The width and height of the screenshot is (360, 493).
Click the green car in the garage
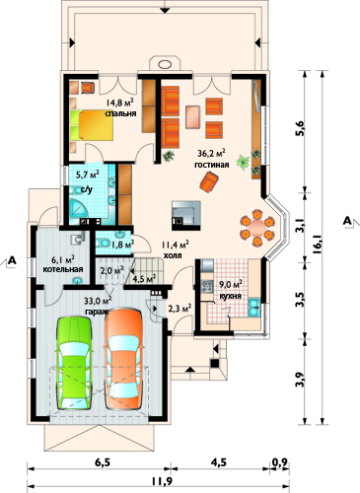pyautogui.click(x=74, y=363)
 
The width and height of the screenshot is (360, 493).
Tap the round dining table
pyautogui.click(x=257, y=228)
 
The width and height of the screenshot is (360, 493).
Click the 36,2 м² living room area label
pyautogui.click(x=211, y=154)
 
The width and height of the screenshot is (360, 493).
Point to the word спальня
pyautogui.click(x=120, y=113)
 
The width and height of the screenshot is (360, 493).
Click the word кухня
pyautogui.click(x=230, y=296)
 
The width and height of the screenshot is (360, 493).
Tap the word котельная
pyautogui.click(x=63, y=269)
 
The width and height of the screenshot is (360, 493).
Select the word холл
pyautogui.click(x=173, y=255)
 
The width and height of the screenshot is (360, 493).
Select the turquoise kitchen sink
pyautogui.click(x=253, y=307)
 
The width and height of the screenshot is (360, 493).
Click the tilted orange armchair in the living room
pyautogui.click(x=209, y=182)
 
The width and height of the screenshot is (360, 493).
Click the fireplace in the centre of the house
pyautogui.click(x=186, y=215)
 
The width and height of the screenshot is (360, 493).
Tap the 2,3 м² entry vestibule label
pyautogui.click(x=180, y=309)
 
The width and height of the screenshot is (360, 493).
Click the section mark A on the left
pyautogui.click(x=12, y=260)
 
